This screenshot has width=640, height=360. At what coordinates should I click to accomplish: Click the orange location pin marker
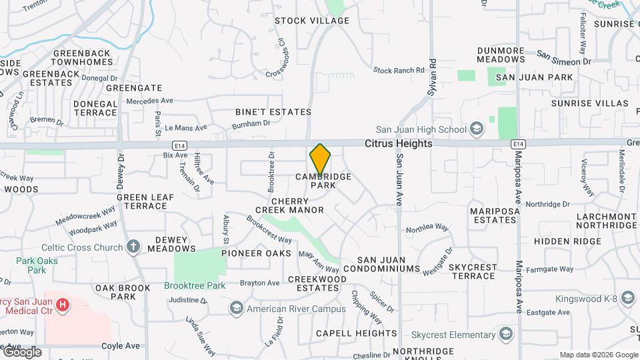[x=320, y=160]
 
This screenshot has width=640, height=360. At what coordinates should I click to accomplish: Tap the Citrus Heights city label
[x=398, y=143]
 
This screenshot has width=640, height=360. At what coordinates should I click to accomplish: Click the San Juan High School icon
[x=476, y=129]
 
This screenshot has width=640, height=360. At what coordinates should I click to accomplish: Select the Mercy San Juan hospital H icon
[x=63, y=305]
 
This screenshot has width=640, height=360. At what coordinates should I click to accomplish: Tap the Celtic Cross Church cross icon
[x=133, y=247]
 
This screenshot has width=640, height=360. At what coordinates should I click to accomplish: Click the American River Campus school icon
[x=236, y=308]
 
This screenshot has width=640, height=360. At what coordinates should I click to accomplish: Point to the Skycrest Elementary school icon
[x=506, y=333]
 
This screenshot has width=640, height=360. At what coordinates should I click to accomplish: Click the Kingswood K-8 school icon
[x=627, y=297]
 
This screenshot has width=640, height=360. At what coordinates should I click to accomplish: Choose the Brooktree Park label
[x=195, y=285]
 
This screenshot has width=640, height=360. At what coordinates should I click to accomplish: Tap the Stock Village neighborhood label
[x=312, y=21]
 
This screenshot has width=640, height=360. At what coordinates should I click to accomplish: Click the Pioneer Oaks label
[x=257, y=253]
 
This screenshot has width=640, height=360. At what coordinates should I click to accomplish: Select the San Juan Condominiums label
[x=389, y=265]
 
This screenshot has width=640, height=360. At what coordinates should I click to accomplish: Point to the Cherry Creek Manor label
[x=298, y=205]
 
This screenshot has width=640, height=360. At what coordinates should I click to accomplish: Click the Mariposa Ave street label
[x=518, y=179]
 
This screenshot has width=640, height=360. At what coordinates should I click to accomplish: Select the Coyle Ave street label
[x=121, y=346]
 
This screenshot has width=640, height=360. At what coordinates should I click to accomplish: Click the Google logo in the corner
[x=22, y=352]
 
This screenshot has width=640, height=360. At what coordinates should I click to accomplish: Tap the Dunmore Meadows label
[x=510, y=55]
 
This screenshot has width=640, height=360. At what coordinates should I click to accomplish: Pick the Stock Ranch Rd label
[x=399, y=70]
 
